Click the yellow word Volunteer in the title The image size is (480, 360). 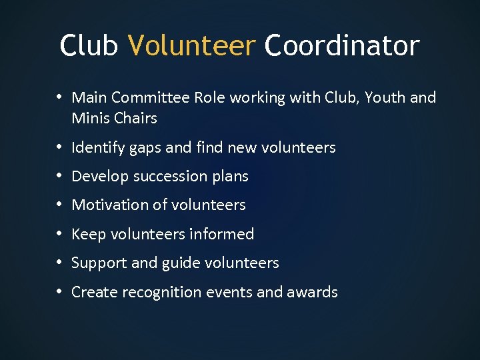192,46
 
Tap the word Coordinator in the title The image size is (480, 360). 342,46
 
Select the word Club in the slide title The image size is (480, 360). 89,46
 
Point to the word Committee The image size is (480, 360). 151,97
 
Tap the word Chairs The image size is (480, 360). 135,118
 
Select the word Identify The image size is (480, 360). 98,147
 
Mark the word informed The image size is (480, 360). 221,234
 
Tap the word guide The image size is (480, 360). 180,263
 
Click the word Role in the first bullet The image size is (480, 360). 210,97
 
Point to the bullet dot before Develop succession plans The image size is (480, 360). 60,176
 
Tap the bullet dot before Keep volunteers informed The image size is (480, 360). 60,234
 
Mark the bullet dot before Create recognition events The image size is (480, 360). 60,292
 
